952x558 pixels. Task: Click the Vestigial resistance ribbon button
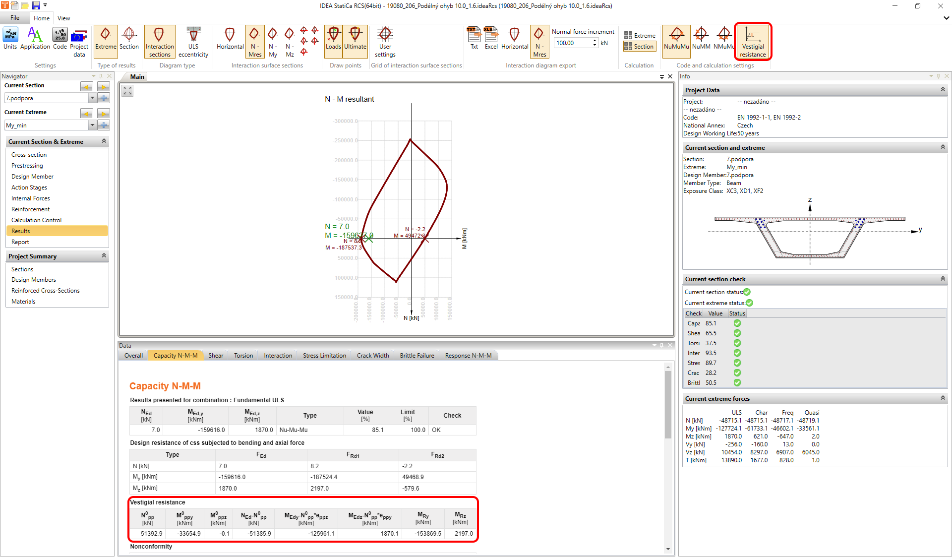pyautogui.click(x=752, y=41)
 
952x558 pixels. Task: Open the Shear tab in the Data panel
pyautogui.click(x=216, y=356)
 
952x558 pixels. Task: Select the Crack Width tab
pyautogui.click(x=372, y=356)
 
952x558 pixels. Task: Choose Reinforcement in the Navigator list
pyautogui.click(x=31, y=209)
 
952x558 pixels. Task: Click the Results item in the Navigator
pyautogui.click(x=21, y=231)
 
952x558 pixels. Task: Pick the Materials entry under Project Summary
pyautogui.click(x=23, y=302)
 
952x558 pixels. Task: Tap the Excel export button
pyautogui.click(x=491, y=38)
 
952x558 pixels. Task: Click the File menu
pyautogui.click(x=15, y=18)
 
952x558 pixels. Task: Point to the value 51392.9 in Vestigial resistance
pyautogui.click(x=151, y=534)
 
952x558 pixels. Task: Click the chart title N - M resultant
pyautogui.click(x=349, y=99)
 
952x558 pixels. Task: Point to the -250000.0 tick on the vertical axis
pyautogui.click(x=345, y=141)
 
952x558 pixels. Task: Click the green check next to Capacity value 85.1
pyautogui.click(x=737, y=323)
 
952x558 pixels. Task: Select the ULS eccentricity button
pyautogui.click(x=193, y=41)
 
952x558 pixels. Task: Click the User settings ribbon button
pyautogui.click(x=385, y=41)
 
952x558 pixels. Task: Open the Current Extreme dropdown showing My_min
pyautogui.click(x=92, y=125)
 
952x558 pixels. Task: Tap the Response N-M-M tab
pyautogui.click(x=468, y=356)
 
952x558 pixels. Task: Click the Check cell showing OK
pyautogui.click(x=436, y=430)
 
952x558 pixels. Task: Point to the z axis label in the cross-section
pyautogui.click(x=810, y=200)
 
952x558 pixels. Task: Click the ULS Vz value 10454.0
pyautogui.click(x=731, y=452)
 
